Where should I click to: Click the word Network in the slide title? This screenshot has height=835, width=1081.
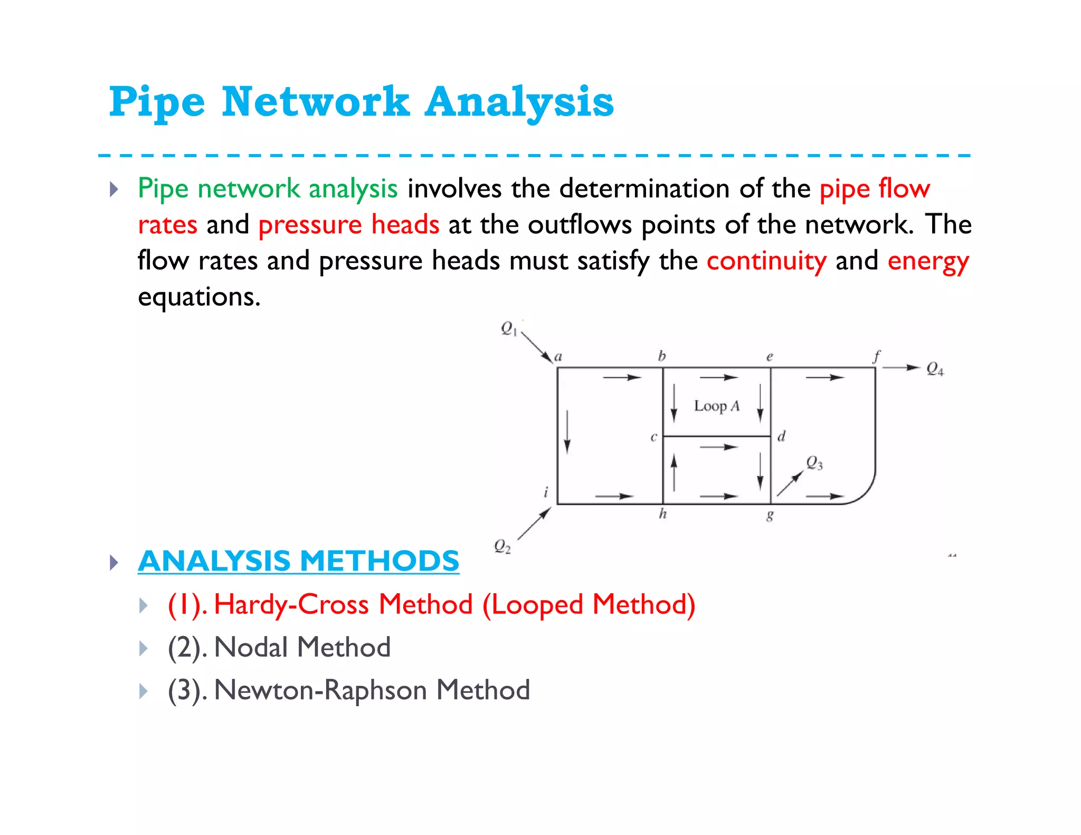pos(315,102)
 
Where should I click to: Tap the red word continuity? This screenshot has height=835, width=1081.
pos(766,261)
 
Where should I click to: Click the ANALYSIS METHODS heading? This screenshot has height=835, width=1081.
pos(298,561)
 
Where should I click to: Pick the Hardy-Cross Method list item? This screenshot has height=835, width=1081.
pos(431,604)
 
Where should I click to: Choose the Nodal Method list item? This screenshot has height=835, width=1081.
pos(279,647)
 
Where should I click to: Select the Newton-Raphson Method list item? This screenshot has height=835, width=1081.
pos(348,690)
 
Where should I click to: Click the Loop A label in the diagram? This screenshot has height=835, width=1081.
pos(716,406)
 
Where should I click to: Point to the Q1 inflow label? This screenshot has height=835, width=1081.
pos(508,328)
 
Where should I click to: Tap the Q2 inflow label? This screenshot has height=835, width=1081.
pos(502,546)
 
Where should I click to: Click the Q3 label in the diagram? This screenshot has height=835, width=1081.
pos(814,463)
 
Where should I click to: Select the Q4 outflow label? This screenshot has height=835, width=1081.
pos(935,369)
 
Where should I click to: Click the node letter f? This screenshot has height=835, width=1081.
pos(877,356)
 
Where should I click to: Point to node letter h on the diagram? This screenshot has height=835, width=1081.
pos(663,514)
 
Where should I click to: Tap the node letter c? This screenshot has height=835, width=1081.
pos(653,437)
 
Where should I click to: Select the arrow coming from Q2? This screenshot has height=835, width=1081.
pos(534,524)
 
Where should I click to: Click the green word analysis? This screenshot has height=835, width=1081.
pos(353,189)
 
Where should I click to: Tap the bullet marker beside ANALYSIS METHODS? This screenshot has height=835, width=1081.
pos(114,562)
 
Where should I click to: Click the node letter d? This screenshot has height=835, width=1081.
pos(781,437)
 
